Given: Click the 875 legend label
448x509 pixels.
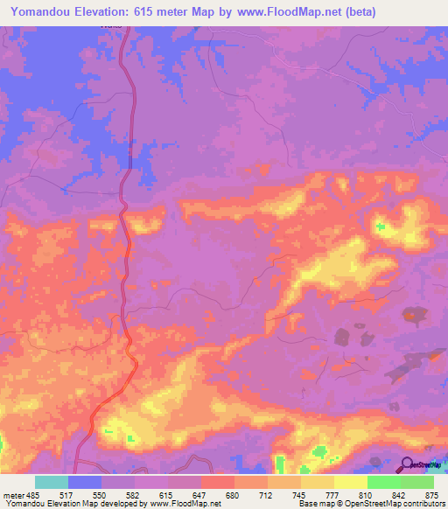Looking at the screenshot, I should pyautogui.click(x=431, y=494).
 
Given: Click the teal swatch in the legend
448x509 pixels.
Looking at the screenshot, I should pyautogui.click(x=52, y=482).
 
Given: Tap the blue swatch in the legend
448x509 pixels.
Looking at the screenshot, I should pyautogui.click(x=85, y=482).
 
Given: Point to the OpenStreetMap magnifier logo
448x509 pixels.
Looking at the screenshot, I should pyautogui.click(x=407, y=464).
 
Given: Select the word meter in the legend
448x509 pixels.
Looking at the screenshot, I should pyautogui.click(x=13, y=494).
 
